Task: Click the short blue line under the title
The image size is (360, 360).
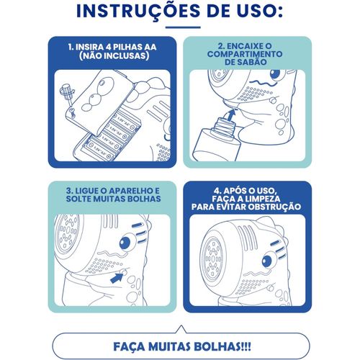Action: pyautogui.click(x=183, y=27)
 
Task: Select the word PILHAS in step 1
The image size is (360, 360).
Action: pyautogui.click(x=130, y=47)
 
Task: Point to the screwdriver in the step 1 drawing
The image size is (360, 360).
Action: pyautogui.click(x=68, y=94)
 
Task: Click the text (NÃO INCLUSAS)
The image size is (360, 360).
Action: pyautogui.click(x=114, y=56)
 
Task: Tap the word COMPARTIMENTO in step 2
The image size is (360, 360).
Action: pyautogui.click(x=245, y=54)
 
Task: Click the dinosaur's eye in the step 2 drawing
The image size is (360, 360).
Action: pyautogui.click(x=276, y=74)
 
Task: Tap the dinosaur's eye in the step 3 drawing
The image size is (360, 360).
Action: pyautogui.click(x=125, y=243)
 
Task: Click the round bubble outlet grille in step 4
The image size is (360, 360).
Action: pyautogui.click(x=212, y=258)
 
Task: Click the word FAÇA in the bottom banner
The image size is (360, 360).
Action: pyautogui.click(x=129, y=347)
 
